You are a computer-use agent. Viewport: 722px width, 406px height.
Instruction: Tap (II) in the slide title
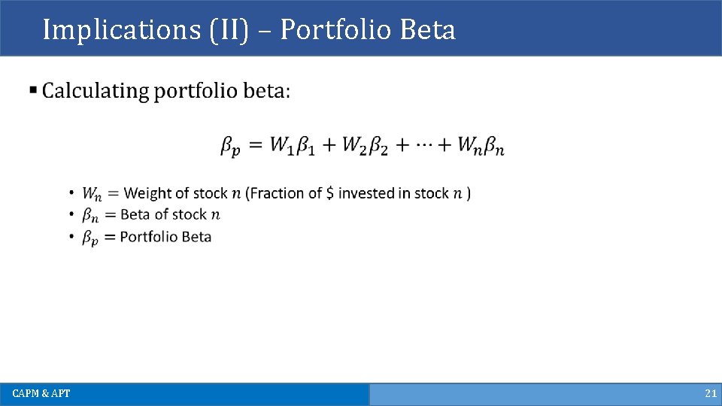[224, 30]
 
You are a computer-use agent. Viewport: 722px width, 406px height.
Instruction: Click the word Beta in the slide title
[428, 30]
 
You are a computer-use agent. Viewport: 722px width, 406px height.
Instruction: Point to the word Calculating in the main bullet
[96, 92]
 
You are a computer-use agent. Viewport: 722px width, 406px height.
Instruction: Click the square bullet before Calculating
[33, 91]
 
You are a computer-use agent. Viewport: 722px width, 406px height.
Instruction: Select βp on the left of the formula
[231, 146]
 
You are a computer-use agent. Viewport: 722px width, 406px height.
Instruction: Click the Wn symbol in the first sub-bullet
[93, 194]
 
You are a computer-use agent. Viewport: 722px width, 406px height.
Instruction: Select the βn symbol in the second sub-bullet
[90, 216]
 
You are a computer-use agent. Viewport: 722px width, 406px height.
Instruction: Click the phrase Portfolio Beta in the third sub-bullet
[165, 237]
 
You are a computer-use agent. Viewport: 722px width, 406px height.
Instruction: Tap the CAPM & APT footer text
[41, 394]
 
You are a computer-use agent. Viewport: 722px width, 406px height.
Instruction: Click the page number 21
[710, 394]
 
